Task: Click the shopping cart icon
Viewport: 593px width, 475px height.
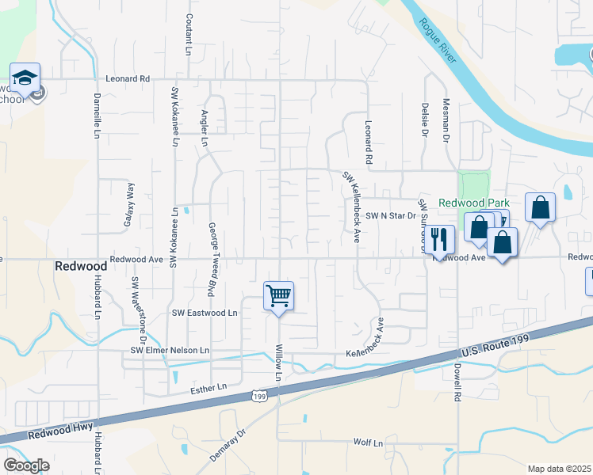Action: (278, 296)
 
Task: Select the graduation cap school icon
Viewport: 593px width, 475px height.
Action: (25, 78)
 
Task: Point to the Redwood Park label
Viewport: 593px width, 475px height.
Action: (474, 203)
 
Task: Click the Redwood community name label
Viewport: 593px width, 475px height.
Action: (75, 267)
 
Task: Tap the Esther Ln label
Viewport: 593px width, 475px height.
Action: (209, 386)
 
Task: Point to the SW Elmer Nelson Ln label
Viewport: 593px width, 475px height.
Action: (170, 350)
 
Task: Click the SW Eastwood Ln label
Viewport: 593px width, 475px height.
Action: (205, 313)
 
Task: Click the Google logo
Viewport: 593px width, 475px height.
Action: (26, 465)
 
